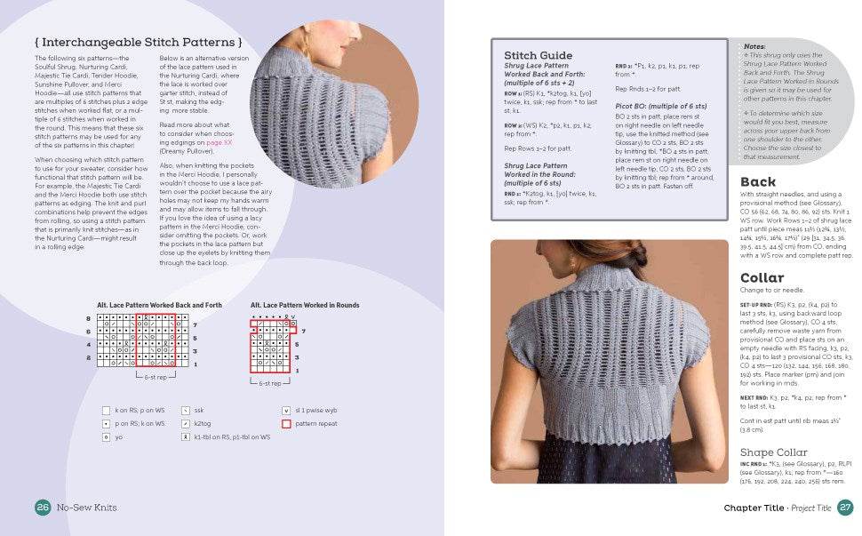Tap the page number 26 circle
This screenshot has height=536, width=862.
[x=43, y=508]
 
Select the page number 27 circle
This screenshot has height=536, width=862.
[x=844, y=508]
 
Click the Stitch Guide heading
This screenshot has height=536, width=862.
[x=539, y=55]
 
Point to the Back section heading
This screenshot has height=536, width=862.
[x=757, y=182]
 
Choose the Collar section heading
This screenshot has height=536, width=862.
[x=762, y=277]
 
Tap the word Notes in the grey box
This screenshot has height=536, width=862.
[x=754, y=46]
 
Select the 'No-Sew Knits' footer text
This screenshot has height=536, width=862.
[x=87, y=508]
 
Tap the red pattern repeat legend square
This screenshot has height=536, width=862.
[x=286, y=424]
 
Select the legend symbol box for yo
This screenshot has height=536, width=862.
[x=107, y=437]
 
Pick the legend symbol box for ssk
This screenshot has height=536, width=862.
[x=185, y=411]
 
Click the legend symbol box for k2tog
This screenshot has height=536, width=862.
[x=185, y=424]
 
